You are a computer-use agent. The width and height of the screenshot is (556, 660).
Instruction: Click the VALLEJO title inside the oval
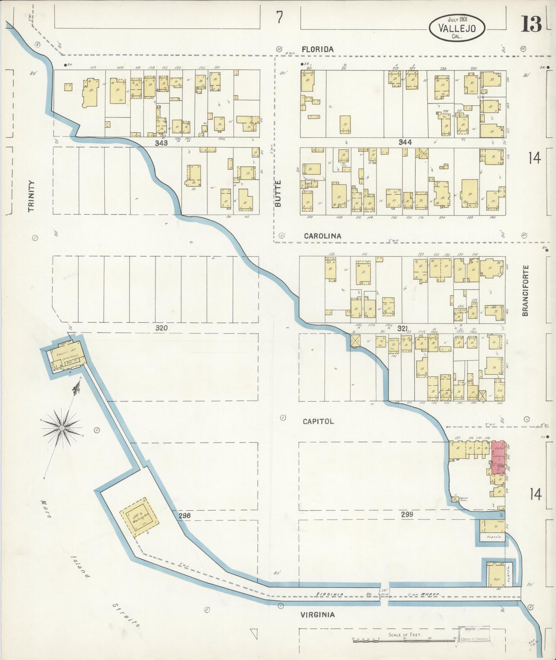click(x=457, y=28)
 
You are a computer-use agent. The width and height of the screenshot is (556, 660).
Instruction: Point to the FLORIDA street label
click(x=317, y=49)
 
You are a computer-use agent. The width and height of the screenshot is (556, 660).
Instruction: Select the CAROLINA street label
click(x=322, y=236)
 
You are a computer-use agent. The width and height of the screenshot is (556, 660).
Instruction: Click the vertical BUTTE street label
click(x=278, y=194)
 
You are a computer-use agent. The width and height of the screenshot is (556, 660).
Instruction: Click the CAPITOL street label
click(x=318, y=422)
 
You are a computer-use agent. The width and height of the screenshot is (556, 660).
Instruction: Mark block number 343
click(x=162, y=143)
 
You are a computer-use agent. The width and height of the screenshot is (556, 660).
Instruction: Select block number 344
click(x=405, y=142)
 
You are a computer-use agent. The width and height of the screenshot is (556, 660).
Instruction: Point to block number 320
click(x=162, y=328)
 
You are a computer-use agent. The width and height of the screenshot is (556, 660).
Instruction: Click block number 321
click(x=402, y=328)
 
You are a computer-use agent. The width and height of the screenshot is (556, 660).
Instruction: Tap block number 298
click(x=185, y=515)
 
